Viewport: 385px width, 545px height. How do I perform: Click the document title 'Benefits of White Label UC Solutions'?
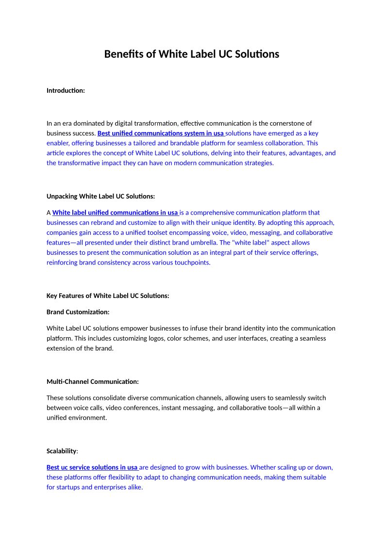click(192, 54)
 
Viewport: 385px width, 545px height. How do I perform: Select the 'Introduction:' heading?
click(66, 90)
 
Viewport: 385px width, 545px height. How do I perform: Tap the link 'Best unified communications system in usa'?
click(161, 133)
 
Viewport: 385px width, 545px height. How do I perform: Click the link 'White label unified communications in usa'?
click(115, 213)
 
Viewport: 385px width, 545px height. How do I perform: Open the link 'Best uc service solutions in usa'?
click(92, 467)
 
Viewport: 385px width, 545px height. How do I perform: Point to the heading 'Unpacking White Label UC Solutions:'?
click(100, 196)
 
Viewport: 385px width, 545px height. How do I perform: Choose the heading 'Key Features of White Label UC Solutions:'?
click(108, 296)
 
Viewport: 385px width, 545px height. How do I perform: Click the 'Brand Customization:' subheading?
click(78, 312)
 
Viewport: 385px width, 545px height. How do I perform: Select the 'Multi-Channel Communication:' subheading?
click(92, 381)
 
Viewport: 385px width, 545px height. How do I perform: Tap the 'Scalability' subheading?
click(62, 451)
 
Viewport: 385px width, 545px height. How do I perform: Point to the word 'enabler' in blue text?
click(58, 143)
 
